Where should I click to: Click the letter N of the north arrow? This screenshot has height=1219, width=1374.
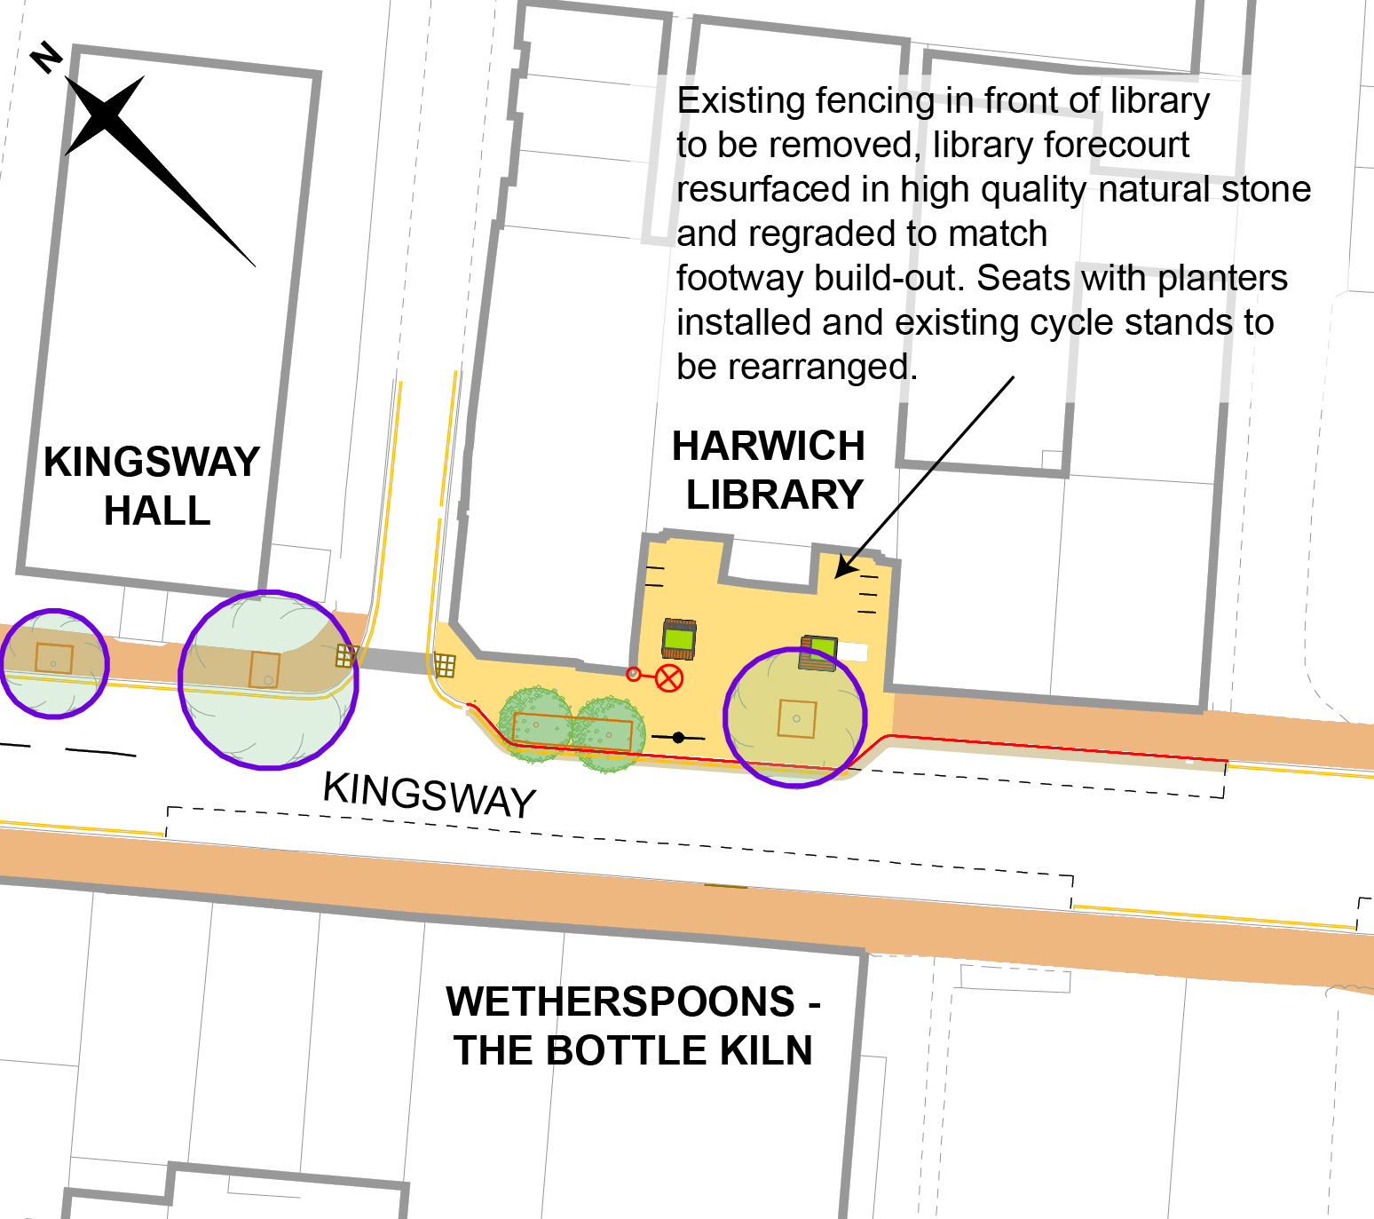coord(46,59)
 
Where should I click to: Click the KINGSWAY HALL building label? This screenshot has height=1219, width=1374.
coord(153,486)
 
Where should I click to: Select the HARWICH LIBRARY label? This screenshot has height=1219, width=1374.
coord(770,470)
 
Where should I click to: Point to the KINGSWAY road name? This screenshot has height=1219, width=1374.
coord(430,793)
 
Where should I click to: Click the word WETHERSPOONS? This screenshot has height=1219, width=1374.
coord(620,1001)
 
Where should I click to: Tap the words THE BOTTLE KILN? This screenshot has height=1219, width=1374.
coord(633,1050)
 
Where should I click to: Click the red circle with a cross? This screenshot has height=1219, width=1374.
coord(669,678)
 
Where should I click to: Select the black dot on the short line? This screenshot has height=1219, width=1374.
coord(678,737)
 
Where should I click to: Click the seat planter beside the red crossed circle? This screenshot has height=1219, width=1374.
coord(679,638)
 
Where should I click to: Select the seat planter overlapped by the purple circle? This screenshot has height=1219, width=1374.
coord(819,653)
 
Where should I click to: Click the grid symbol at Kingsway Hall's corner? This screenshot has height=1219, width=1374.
coord(345,656)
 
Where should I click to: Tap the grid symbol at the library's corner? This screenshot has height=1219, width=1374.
coord(445,665)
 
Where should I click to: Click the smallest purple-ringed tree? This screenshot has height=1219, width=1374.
coord(54,662)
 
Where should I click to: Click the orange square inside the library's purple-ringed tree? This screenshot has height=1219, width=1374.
coord(796,718)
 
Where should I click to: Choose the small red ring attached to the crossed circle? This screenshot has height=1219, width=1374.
coord(634,674)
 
